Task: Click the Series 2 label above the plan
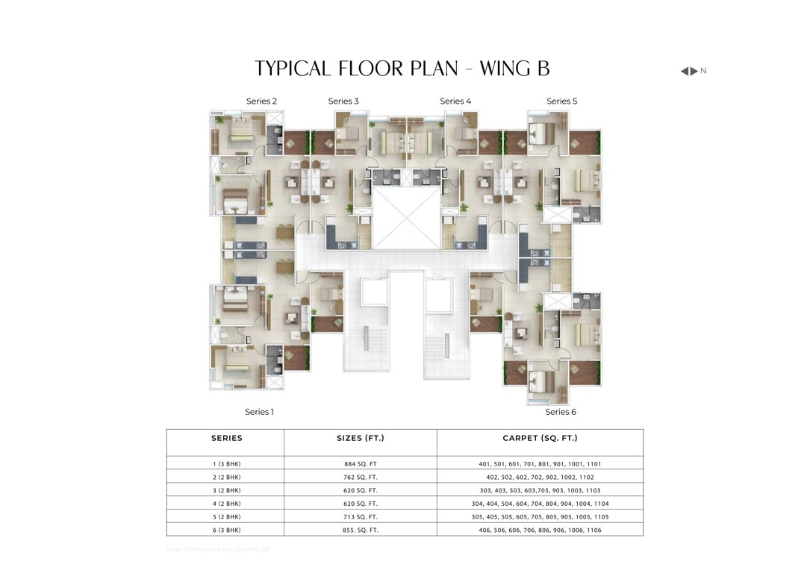[x=261, y=101]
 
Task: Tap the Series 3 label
[x=343, y=101]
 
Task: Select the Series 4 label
[x=455, y=101]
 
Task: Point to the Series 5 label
[x=561, y=101]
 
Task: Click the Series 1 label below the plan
[x=260, y=412]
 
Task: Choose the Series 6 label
[x=561, y=412]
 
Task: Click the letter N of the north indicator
[x=703, y=71]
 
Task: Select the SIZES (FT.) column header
[x=361, y=439]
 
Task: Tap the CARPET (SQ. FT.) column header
[x=540, y=439]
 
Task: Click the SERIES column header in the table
[x=227, y=439]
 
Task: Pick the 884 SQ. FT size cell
[x=361, y=464]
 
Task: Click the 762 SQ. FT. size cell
[x=361, y=477]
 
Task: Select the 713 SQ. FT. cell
[x=361, y=517]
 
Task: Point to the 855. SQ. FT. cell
[x=361, y=530]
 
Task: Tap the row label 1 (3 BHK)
[x=227, y=464]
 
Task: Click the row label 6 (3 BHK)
[x=227, y=530]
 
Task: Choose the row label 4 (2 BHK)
[x=227, y=504]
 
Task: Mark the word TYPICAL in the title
[x=293, y=69]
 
